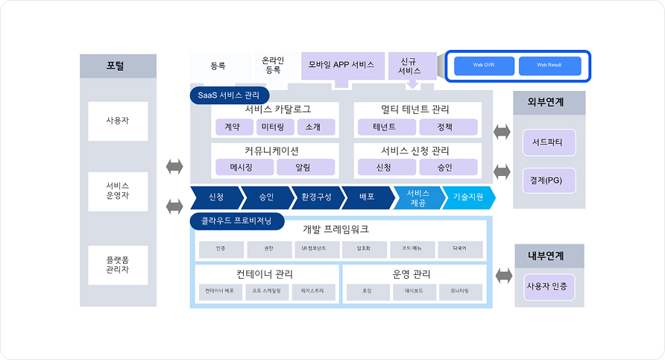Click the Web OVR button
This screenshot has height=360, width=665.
pyautogui.click(x=485, y=66)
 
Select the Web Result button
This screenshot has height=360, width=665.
pyautogui.click(x=549, y=66)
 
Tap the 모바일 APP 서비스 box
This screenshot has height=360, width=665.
pyautogui.click(x=343, y=65)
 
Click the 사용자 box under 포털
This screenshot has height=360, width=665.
pyautogui.click(x=118, y=121)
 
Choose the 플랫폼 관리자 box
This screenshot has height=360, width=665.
pyautogui.click(x=118, y=264)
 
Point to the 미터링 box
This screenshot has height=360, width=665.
pyautogui.click(x=272, y=127)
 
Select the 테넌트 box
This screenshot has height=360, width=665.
pyautogui.click(x=385, y=127)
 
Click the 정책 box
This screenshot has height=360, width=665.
pyautogui.click(x=444, y=127)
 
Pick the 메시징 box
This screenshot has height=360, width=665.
pyautogui.click(x=242, y=168)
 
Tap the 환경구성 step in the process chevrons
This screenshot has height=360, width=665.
pyautogui.click(x=315, y=198)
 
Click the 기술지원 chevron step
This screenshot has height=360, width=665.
pyautogui.click(x=469, y=198)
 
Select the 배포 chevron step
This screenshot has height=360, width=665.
pyautogui.click(x=366, y=198)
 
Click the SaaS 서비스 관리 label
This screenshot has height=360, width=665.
pyautogui.click(x=228, y=95)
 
